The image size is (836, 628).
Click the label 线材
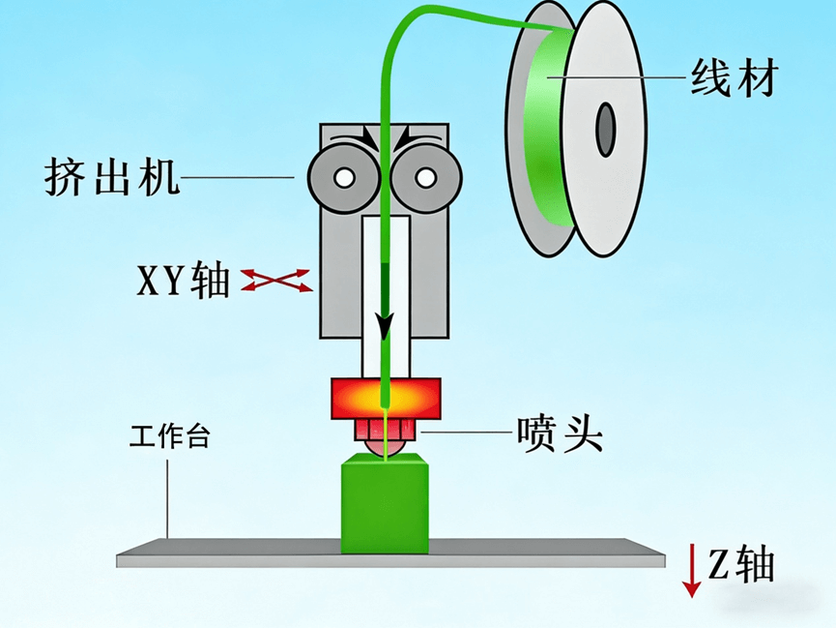[734, 75]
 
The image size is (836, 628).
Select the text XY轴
[183, 282]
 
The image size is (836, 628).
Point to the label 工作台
[169, 436]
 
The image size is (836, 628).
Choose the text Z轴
[741, 565]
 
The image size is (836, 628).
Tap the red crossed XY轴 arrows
[277, 281]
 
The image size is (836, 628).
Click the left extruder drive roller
[342, 177]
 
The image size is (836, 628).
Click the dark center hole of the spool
[606, 128]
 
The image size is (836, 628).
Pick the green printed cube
[385, 506]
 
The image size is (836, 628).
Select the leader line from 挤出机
[238, 177]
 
